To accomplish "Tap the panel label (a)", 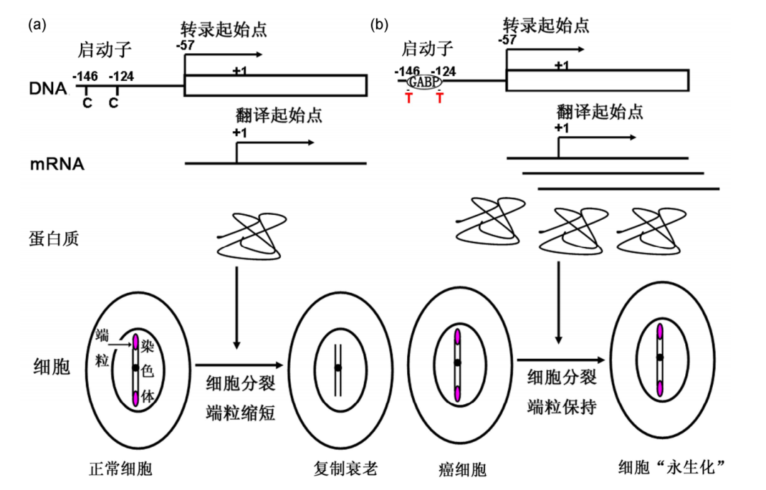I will click(37, 26).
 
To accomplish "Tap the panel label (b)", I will click(380, 26).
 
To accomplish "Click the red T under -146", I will click(409, 99).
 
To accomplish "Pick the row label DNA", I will click(48, 89).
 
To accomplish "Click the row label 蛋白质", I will click(55, 239).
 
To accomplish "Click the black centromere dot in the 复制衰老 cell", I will click(338, 367).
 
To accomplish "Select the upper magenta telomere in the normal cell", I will click(135, 341).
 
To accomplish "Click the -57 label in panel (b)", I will click(507, 40).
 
